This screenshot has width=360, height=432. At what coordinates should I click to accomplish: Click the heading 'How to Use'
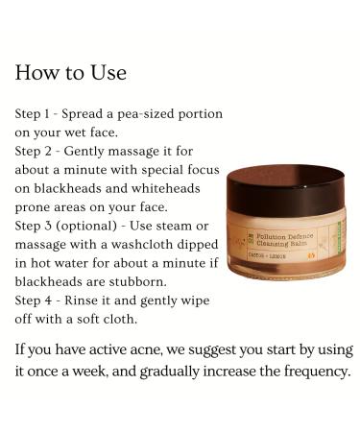tap(71, 73)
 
